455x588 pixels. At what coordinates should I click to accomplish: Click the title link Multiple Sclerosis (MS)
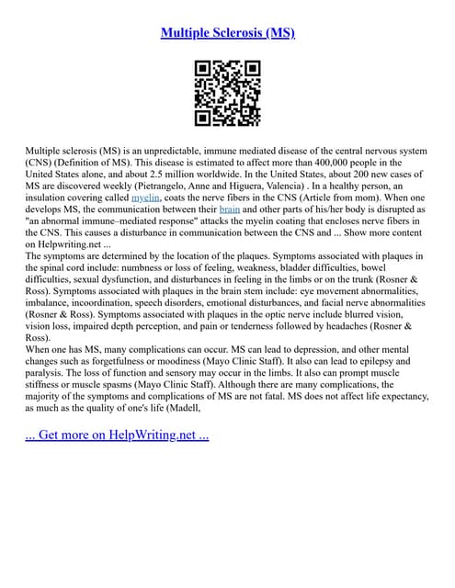227,33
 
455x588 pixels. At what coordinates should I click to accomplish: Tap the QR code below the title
228,93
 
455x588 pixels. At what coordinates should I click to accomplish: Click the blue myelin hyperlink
146,197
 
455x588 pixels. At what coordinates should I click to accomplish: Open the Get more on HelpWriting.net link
118,434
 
